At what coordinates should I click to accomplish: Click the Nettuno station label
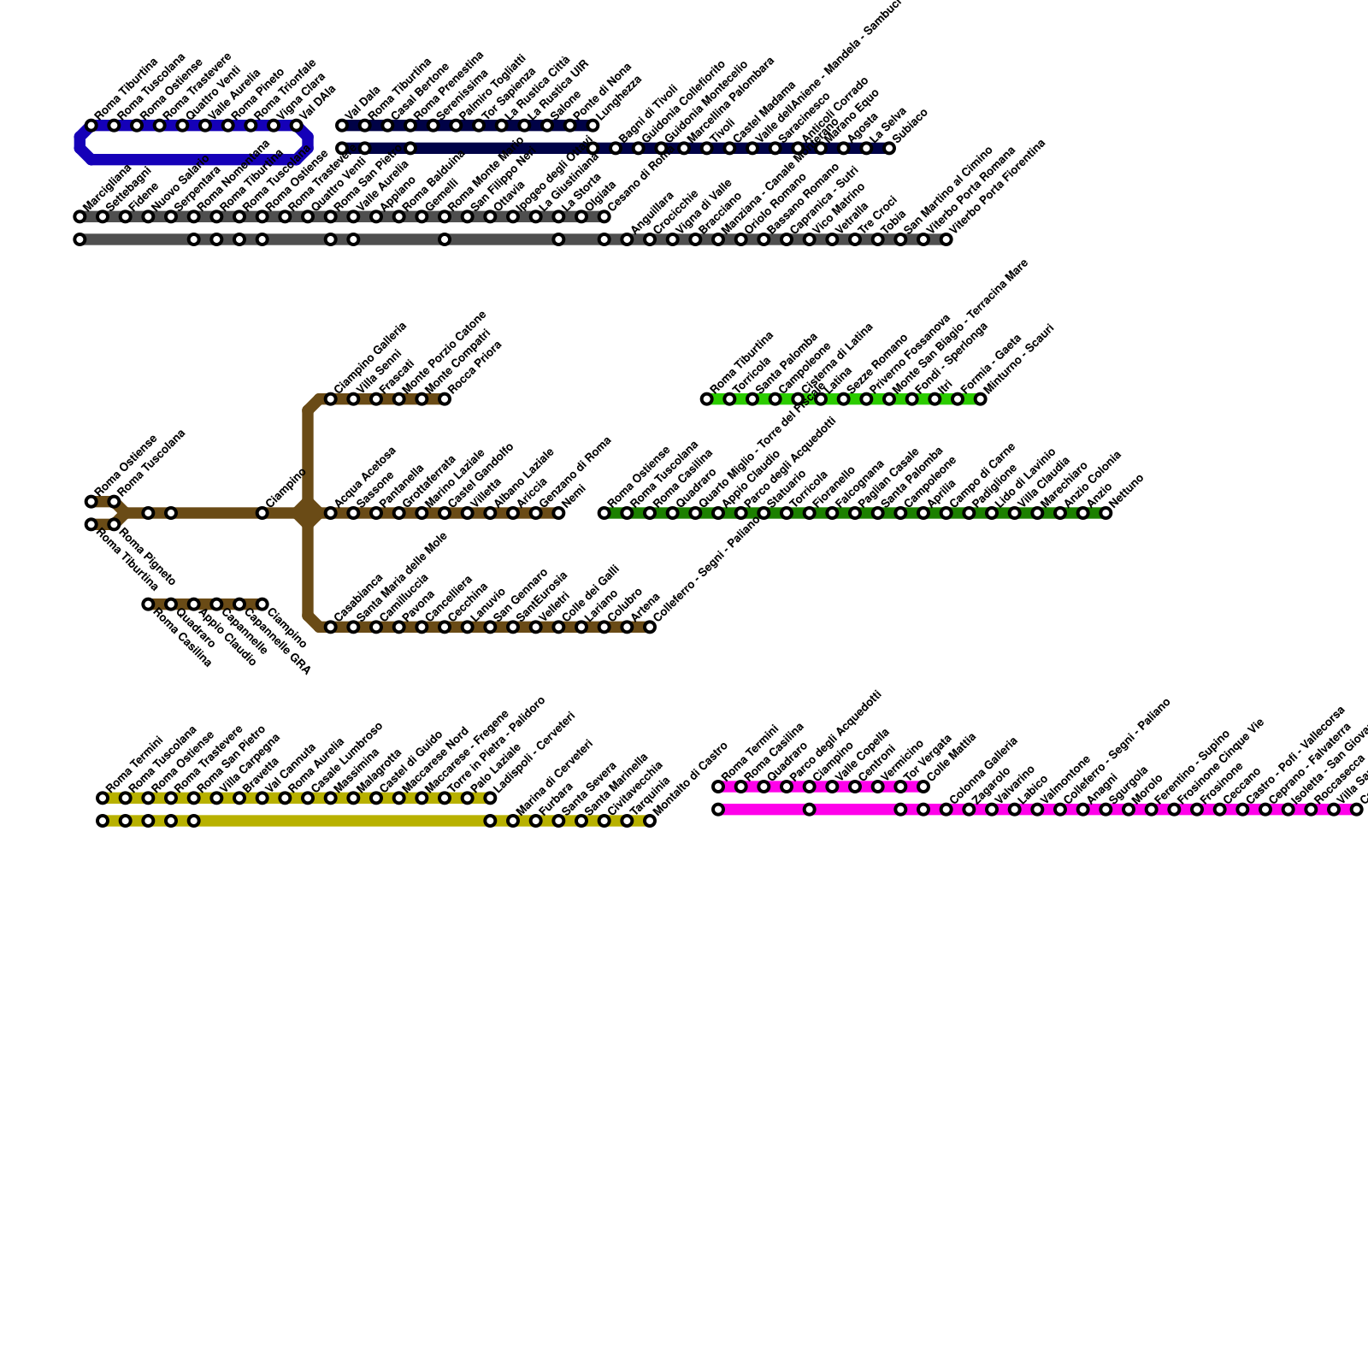pyautogui.click(x=1127, y=491)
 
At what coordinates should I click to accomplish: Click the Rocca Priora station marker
pyautogui.click(x=445, y=399)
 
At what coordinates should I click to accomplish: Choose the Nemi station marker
pyautogui.click(x=559, y=513)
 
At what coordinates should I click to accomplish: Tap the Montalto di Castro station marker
pyautogui.click(x=650, y=821)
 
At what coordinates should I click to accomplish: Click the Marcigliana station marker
pyautogui.click(x=80, y=217)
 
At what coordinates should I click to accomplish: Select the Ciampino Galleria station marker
pyautogui.click(x=331, y=399)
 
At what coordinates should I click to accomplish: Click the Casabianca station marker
pyautogui.click(x=331, y=628)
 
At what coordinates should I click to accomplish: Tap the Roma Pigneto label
pyautogui.click(x=147, y=556)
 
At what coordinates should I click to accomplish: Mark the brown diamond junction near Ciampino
pyautogui.click(x=308, y=513)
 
